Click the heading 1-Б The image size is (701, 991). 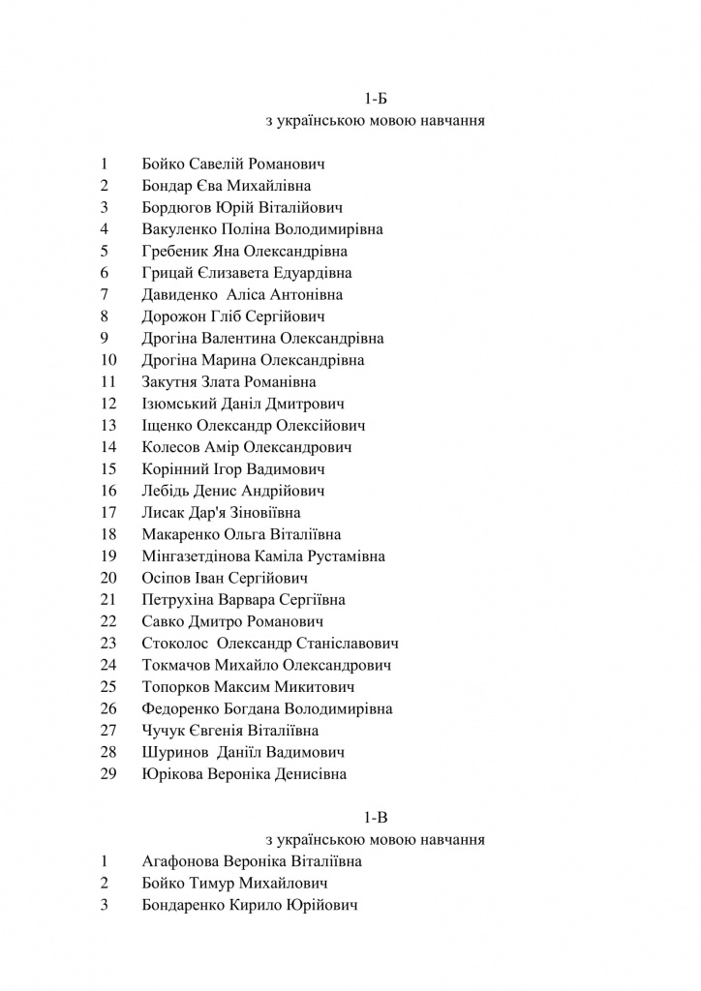pos(375,99)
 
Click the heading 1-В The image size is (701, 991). pos(375,818)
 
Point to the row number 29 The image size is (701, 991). pos(108,774)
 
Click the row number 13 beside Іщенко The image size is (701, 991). pos(108,426)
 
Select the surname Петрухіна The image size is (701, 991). pos(177,600)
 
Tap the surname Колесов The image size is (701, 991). pos(170,447)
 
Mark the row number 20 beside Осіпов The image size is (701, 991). pos(108,579)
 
